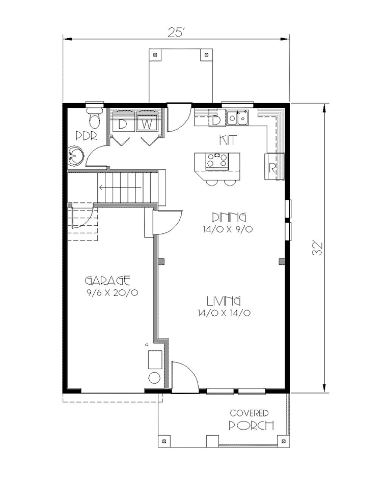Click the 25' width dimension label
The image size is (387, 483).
pos(176,33)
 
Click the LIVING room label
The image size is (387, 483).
pos(224,300)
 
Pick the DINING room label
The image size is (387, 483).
pos(229,217)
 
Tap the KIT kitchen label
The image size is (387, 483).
pos(228,140)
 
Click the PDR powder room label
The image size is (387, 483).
pos(87,136)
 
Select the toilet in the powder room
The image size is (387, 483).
pos(95,117)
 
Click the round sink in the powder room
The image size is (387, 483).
pos(75,156)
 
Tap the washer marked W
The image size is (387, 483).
pos(147,124)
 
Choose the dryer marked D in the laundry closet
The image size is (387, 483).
pos(123,124)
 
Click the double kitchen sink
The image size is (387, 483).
pos(237,117)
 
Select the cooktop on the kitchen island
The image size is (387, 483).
pos(216,161)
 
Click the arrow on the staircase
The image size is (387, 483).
pos(120,187)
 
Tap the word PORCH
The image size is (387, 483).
pos(251,426)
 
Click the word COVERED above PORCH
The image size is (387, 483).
pos(250,413)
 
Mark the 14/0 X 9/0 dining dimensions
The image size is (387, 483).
pos(228,229)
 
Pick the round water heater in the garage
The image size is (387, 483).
pos(155,378)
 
